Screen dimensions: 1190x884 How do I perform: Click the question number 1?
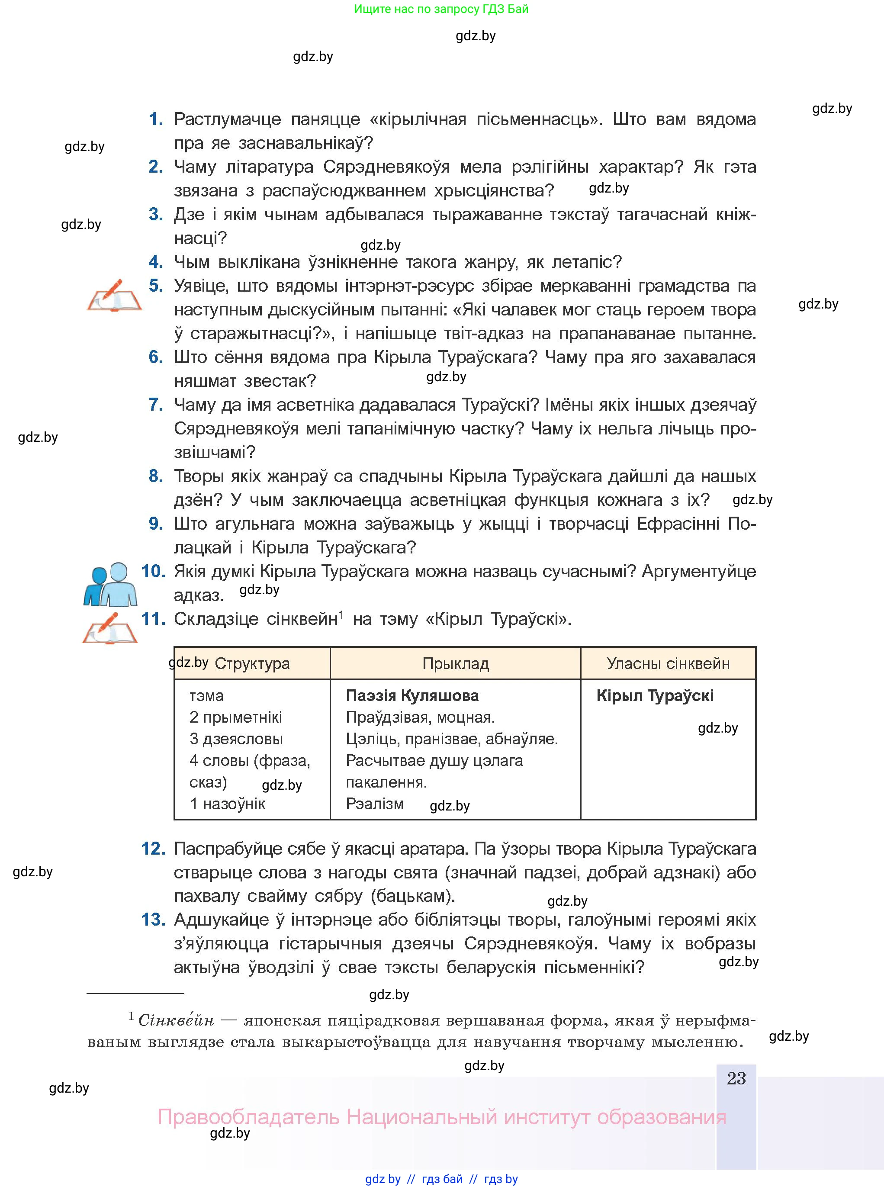coord(155,119)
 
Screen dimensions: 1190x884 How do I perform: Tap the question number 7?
coord(155,405)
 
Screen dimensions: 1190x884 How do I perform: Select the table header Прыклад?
coord(455,663)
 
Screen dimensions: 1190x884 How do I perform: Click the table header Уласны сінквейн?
coord(668,663)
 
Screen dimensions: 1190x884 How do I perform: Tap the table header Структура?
coord(252,663)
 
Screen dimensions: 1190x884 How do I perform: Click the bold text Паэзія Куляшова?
coord(412,695)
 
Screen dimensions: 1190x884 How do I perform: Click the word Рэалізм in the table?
coord(375,804)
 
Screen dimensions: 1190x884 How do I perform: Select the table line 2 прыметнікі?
coord(235,717)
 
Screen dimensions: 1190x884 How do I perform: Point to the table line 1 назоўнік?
coord(228,804)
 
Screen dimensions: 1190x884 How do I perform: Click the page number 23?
coord(736,1078)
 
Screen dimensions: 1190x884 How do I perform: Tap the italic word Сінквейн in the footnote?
coord(176,1020)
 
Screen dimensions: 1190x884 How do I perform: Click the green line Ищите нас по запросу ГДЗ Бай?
coord(441,9)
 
